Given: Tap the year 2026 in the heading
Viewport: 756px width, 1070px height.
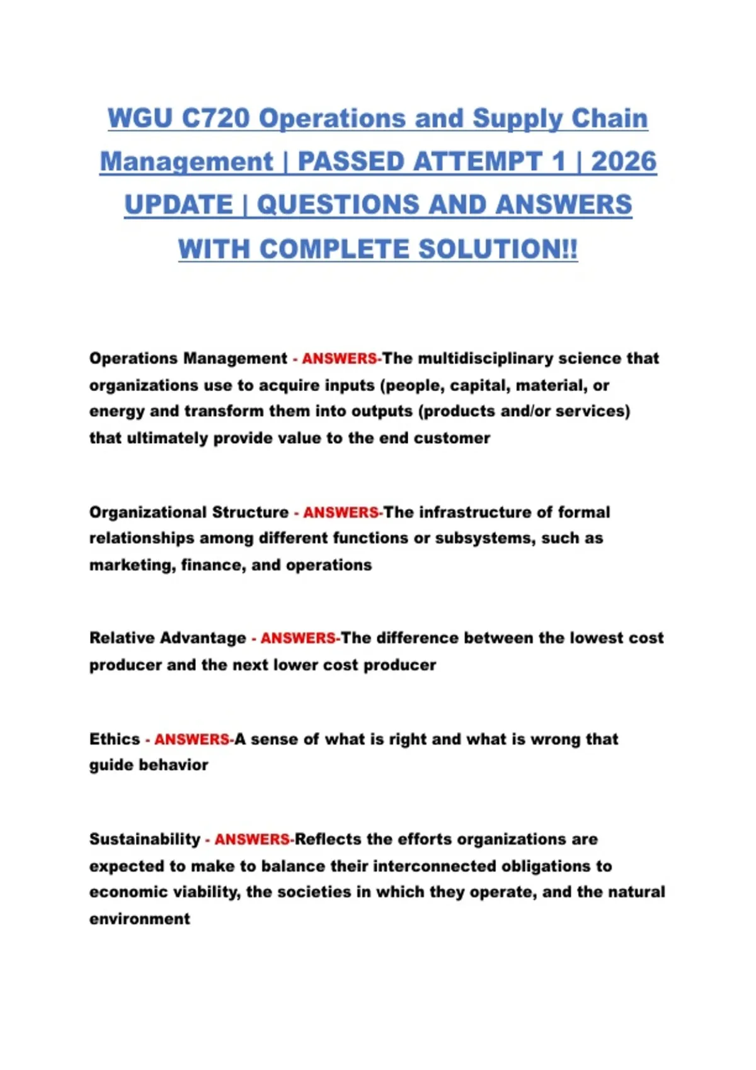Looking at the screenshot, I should coord(624,162).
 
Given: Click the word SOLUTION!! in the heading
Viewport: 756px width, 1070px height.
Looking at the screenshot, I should coord(498,249).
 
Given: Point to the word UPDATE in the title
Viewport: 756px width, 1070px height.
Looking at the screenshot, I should coord(178,205).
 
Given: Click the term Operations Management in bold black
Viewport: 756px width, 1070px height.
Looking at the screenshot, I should coord(188,358).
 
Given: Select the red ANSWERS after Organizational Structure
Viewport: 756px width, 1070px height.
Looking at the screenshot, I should coord(341,512).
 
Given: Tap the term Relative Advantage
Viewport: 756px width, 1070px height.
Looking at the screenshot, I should coord(168,638).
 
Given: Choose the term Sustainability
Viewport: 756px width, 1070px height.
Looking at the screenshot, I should coord(144,839).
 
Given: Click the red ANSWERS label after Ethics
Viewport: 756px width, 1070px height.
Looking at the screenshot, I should coord(192,739).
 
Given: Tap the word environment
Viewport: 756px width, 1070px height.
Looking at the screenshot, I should coord(139,919).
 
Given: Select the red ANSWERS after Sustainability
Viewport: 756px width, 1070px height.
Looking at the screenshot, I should coord(252,840).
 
